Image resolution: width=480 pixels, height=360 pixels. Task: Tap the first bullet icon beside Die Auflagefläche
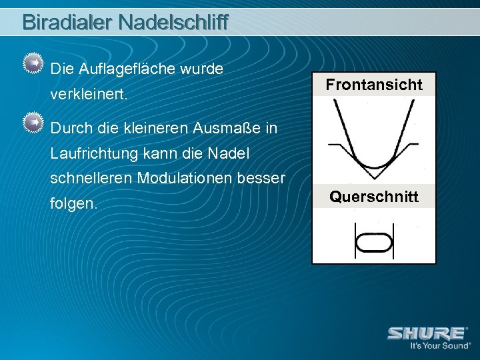[31, 63]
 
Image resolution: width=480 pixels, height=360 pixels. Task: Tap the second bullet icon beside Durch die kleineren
[31, 123]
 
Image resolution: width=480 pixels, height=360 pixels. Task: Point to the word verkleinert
[88, 96]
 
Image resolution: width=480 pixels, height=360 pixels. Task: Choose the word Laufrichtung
[95, 155]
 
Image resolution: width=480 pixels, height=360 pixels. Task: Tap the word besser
[266, 179]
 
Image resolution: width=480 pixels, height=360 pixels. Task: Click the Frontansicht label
[374, 85]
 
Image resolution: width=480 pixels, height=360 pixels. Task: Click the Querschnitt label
[374, 197]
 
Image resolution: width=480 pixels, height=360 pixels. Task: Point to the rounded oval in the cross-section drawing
[373, 242]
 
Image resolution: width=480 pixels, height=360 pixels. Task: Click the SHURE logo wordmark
[427, 333]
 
